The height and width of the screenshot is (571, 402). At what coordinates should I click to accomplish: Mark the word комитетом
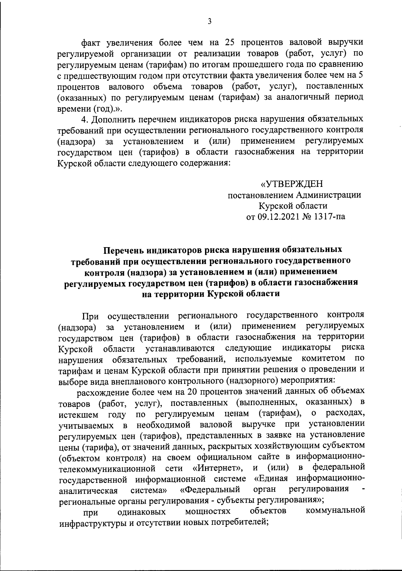point(323,358)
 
